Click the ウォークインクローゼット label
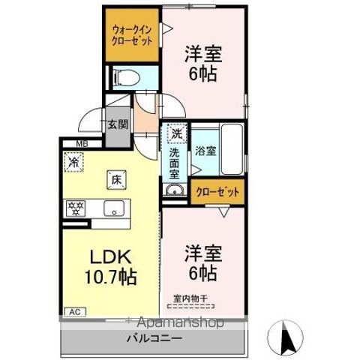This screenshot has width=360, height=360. click(x=131, y=35)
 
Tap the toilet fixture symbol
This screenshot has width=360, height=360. click(x=125, y=76)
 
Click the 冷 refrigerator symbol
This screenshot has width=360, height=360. click(x=75, y=160)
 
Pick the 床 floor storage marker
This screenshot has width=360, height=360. click(x=117, y=179)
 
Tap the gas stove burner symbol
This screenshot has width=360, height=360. click(x=76, y=207)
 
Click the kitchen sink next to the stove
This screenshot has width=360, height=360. click(x=114, y=208)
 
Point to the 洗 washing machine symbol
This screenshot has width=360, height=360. click(x=175, y=134)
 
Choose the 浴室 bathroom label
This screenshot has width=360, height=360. click(x=206, y=150)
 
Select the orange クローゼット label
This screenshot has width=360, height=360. click(x=217, y=193)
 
